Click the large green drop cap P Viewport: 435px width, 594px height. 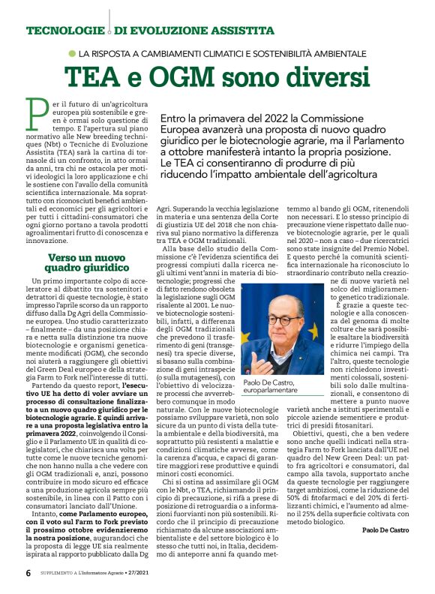coord(35,112)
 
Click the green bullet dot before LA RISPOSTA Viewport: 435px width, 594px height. coord(72,54)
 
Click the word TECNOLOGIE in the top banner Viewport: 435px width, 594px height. coord(63,31)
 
